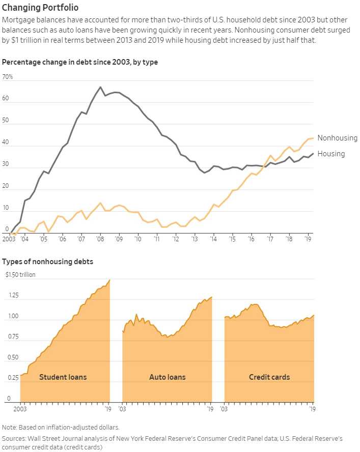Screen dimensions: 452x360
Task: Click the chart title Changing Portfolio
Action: pyautogui.click(x=40, y=8)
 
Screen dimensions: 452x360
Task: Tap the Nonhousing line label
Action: pyautogui.click(x=337, y=138)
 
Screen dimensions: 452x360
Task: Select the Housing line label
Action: pyautogui.click(x=331, y=154)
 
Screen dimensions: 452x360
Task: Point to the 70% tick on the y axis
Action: pyautogui.click(x=8, y=77)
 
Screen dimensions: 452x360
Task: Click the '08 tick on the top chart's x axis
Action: pyautogui.click(x=99, y=239)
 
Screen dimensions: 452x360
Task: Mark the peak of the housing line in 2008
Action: pyautogui.click(x=100, y=87)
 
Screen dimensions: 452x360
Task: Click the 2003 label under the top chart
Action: pyautogui.click(x=9, y=239)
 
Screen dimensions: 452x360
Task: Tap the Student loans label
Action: pyautogui.click(x=63, y=377)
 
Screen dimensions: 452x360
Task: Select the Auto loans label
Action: pyautogui.click(x=167, y=377)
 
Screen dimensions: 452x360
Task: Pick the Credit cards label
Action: pyautogui.click(x=269, y=377)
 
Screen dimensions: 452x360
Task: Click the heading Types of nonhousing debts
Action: pyautogui.click(x=47, y=262)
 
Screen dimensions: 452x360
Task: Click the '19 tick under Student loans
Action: pyautogui.click(x=108, y=408)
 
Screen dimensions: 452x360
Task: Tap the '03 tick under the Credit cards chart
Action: pyautogui.click(x=225, y=408)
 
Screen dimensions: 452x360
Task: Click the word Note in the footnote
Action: pyautogui.click(x=9, y=427)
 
